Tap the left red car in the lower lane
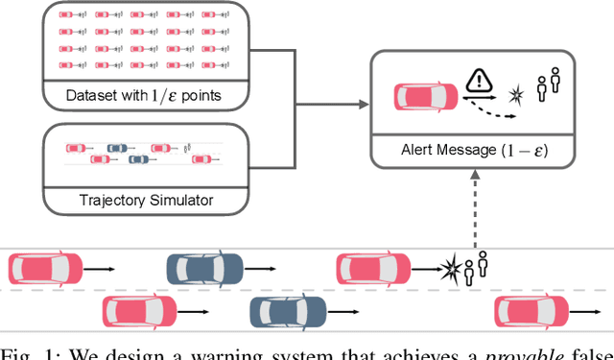click(x=140, y=311)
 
